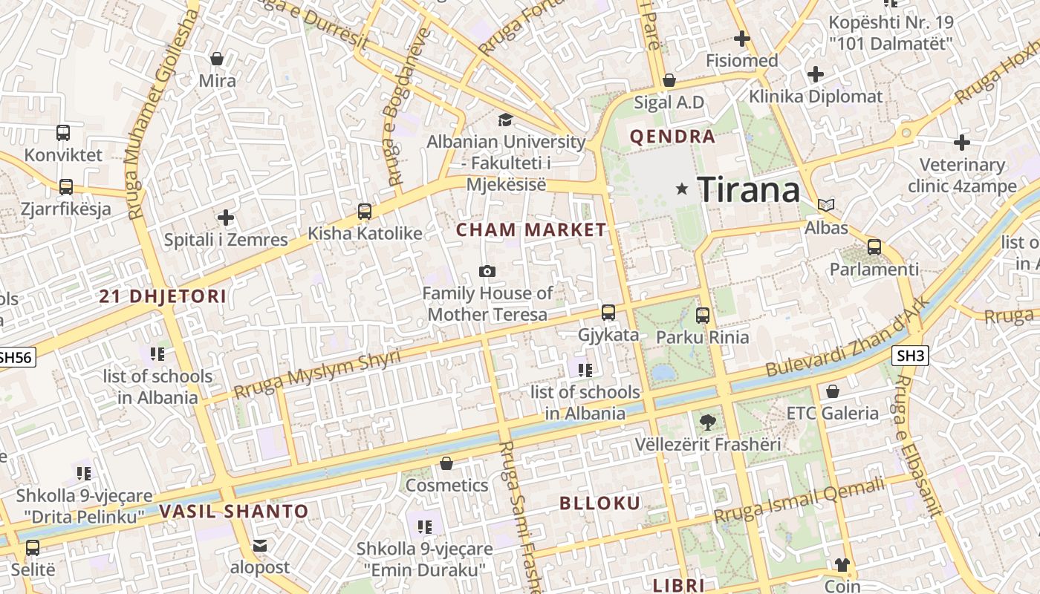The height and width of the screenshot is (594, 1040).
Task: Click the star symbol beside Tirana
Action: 682,189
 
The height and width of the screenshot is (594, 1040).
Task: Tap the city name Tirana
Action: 748,190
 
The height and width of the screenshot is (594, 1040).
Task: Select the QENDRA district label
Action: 672,137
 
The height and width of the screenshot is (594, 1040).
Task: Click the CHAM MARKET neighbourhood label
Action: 531,230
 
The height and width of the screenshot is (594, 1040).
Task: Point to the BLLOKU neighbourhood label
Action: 599,503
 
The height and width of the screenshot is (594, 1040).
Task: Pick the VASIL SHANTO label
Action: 233,512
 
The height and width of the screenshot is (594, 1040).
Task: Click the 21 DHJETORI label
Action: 163,297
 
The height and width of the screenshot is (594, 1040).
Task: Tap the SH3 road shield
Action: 911,356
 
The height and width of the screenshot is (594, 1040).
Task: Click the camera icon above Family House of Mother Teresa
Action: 487,272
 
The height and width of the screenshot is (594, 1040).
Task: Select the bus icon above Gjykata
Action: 608,313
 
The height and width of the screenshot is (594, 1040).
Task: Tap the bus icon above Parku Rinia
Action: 703,316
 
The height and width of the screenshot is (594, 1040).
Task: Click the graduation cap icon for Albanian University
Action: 505,120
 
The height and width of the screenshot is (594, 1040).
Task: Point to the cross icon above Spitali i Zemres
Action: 226,218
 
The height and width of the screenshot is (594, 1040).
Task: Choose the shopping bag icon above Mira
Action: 217,59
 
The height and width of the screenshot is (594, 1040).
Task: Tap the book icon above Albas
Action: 826,206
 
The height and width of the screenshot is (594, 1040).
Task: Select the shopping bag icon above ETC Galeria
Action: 833,391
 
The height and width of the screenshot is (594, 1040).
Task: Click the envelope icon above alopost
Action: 259,546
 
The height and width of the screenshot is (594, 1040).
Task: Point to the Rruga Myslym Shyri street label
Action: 317,373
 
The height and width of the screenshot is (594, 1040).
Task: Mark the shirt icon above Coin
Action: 842,565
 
